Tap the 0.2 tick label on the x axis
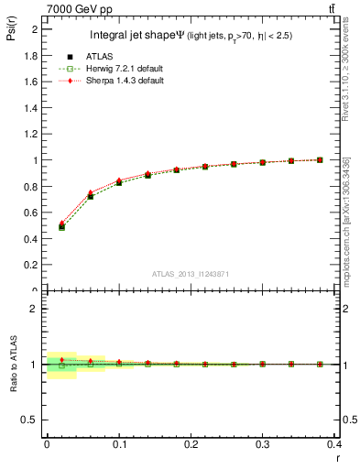pyautogui.click(x=191, y=446)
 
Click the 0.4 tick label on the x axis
pyautogui.click(x=334, y=446)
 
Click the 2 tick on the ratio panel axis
pyautogui.click(x=35, y=309)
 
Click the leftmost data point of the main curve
pyautogui.click(x=61, y=226)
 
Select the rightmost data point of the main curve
pyautogui.click(x=320, y=159)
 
